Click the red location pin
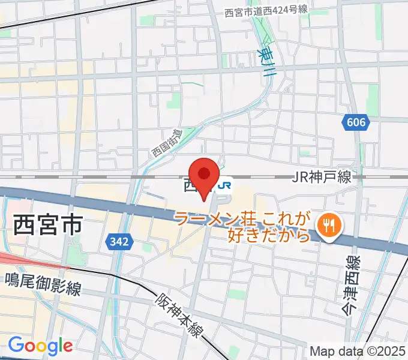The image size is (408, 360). pos(204,175)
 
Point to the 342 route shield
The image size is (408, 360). pos(119,242)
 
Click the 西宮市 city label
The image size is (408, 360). pos(47,227)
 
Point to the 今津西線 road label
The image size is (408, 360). pos(351,284)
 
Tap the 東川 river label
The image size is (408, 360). pos(268,60)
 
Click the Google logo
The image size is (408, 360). pos(40,346)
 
